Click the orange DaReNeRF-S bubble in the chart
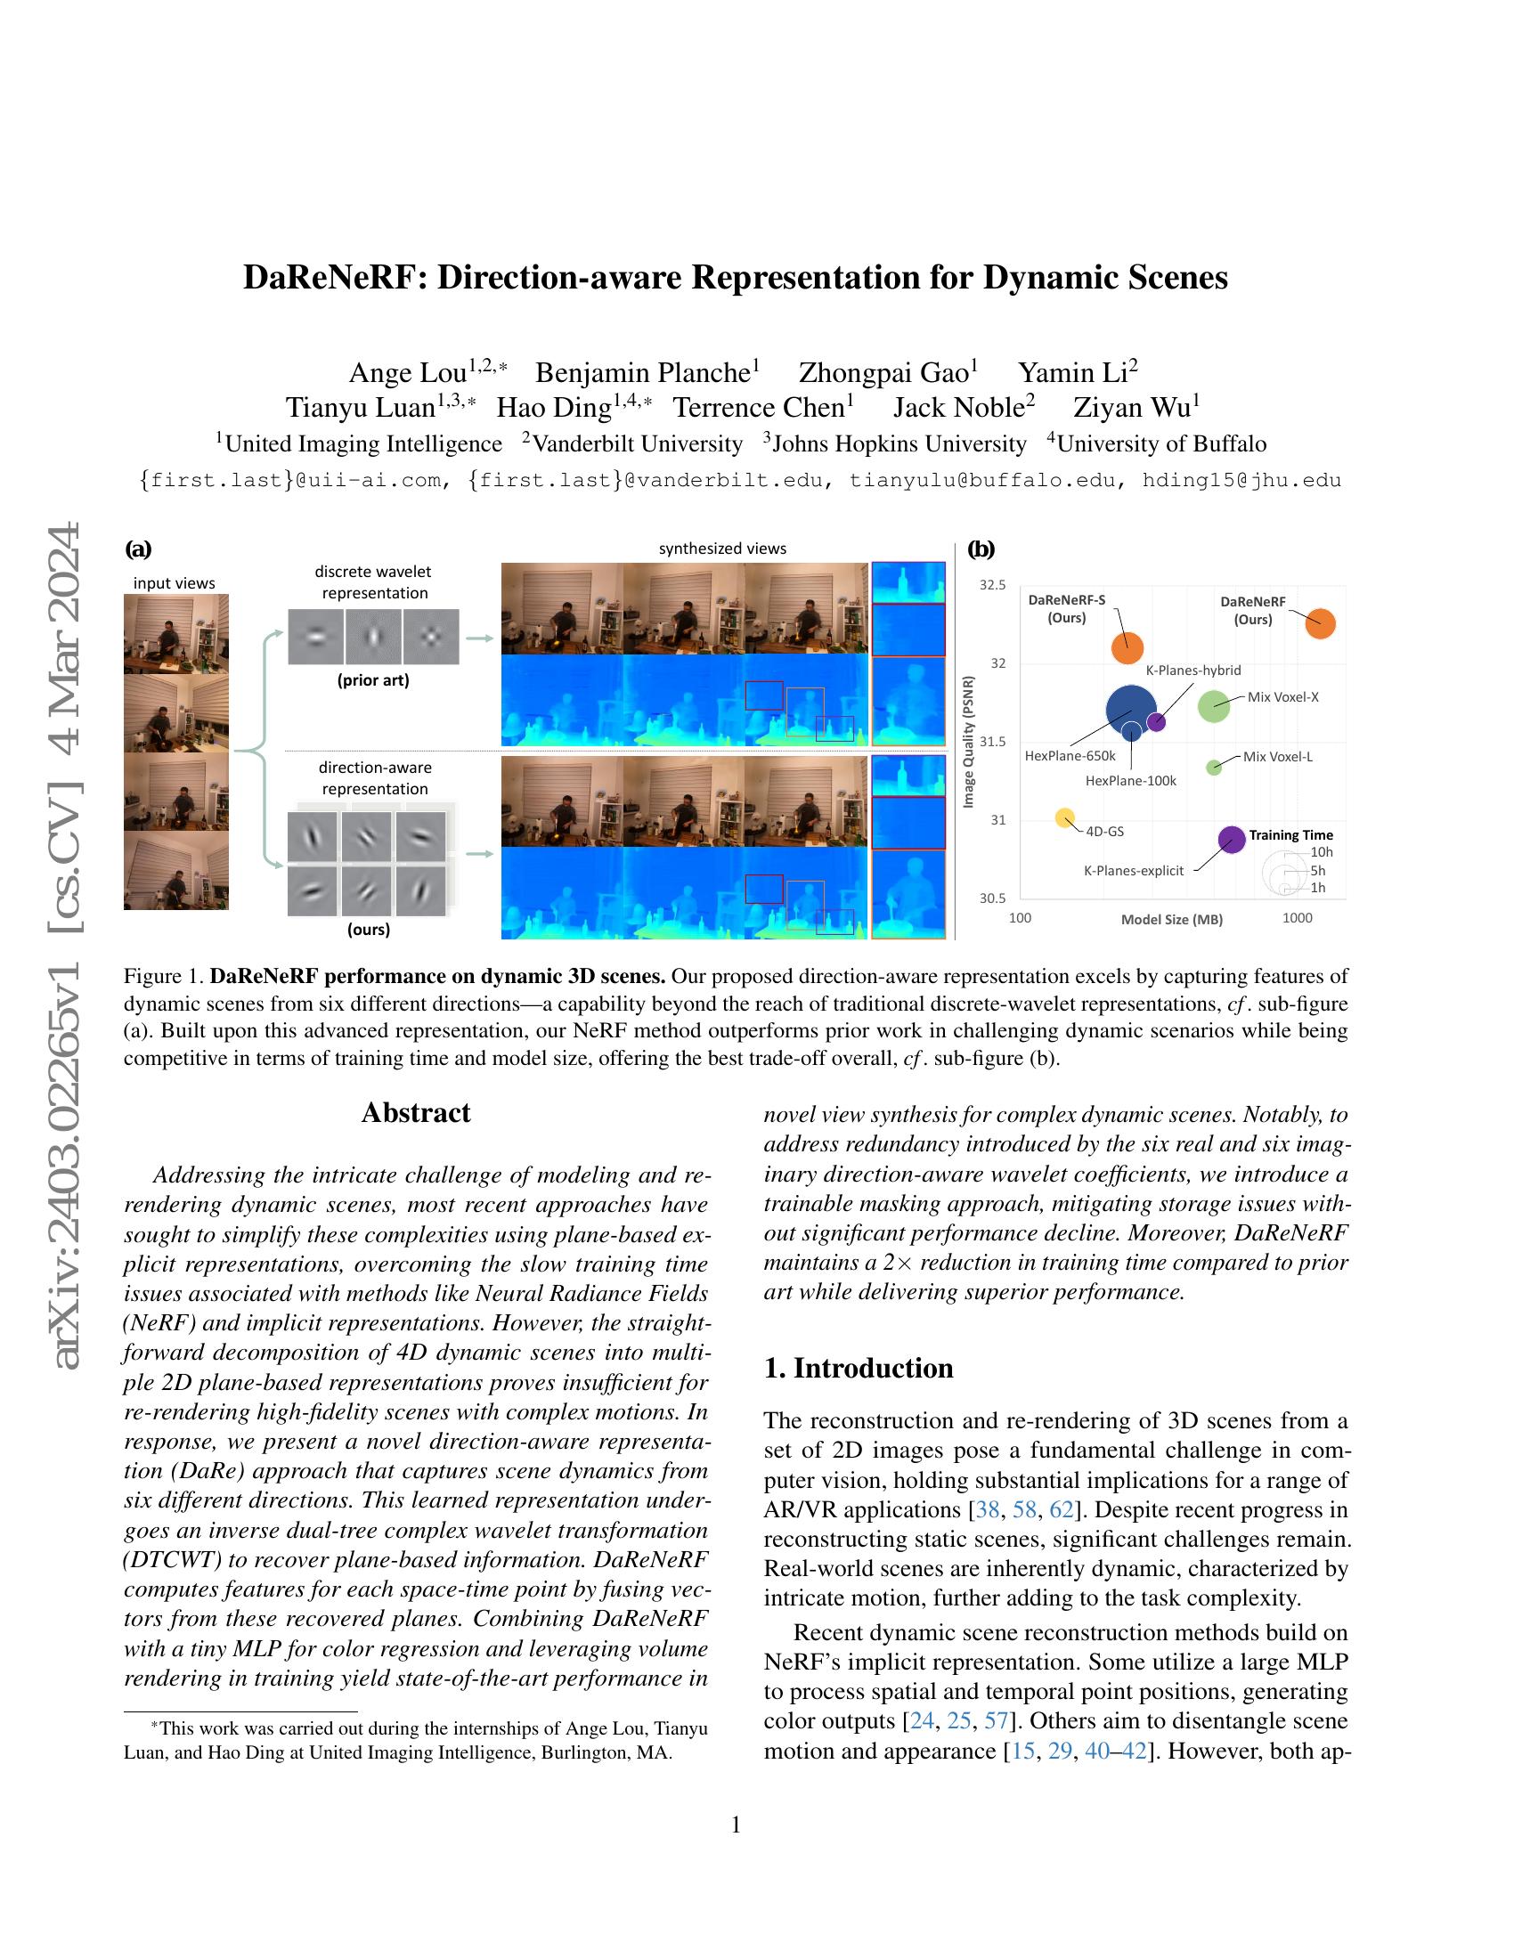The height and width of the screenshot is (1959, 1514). [x=1127, y=647]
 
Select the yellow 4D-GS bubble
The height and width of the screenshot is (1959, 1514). [x=1064, y=817]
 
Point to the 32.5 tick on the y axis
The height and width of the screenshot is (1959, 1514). [x=992, y=585]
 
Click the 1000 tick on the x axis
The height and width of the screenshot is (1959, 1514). [x=1297, y=917]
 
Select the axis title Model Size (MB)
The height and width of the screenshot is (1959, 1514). [x=1171, y=920]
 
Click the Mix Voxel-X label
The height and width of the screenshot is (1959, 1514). [x=1282, y=697]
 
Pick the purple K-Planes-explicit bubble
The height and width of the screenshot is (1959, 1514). [x=1233, y=840]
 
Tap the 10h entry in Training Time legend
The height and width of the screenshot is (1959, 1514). [x=1321, y=852]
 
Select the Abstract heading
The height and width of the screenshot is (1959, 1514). [x=415, y=1112]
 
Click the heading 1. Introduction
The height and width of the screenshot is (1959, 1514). [x=859, y=1368]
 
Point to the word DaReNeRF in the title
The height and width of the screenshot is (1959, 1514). [x=333, y=277]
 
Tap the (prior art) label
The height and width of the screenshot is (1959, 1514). [x=373, y=680]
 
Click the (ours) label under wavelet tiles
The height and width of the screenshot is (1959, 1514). [x=369, y=930]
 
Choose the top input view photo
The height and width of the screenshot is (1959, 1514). [x=175, y=633]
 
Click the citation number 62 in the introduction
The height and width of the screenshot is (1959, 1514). [x=1061, y=1509]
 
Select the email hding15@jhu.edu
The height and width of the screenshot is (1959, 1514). [x=1241, y=480]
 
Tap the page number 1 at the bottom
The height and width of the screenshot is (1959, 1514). [x=736, y=1825]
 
